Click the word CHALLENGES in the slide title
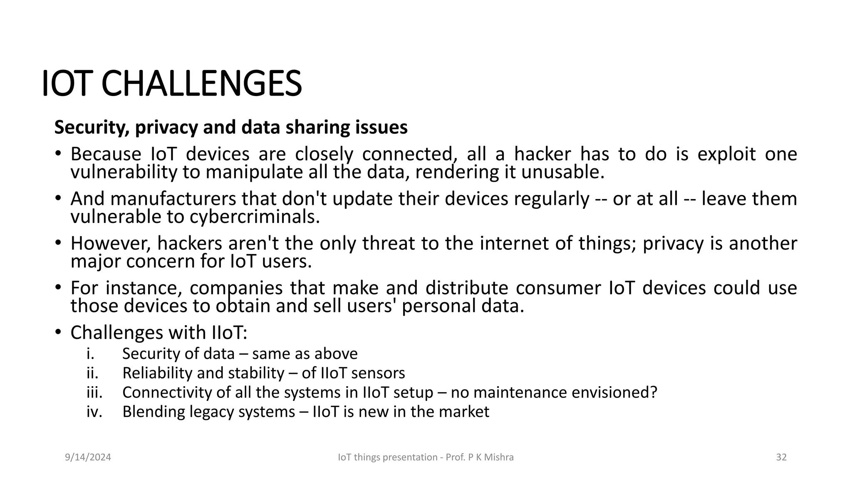tap(201, 84)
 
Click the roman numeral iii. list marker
tap(94, 392)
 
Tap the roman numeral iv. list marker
tap(94, 412)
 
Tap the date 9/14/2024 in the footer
tap(88, 457)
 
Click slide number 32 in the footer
tap(781, 457)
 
